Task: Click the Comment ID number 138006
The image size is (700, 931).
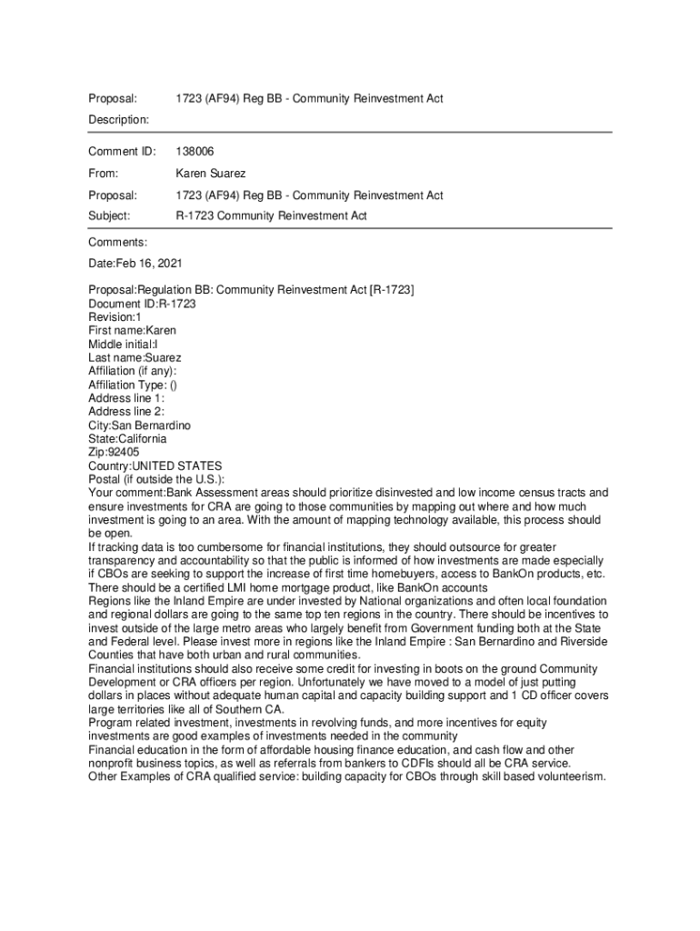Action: pyautogui.click(x=195, y=151)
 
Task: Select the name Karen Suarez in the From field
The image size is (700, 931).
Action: pyautogui.click(x=210, y=173)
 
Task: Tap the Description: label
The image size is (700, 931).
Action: pyautogui.click(x=118, y=119)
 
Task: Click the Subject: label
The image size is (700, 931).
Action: pyautogui.click(x=109, y=215)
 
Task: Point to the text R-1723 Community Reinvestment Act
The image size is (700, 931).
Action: pyautogui.click(x=270, y=215)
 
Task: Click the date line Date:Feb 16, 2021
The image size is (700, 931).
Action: pyautogui.click(x=135, y=264)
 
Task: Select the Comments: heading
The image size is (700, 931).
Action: pyautogui.click(x=117, y=242)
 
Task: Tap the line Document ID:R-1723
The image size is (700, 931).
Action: pyautogui.click(x=142, y=304)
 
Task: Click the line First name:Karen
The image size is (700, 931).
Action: pyautogui.click(x=132, y=330)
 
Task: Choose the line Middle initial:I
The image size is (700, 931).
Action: pyautogui.click(x=123, y=344)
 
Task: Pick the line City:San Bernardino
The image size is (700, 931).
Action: pyautogui.click(x=139, y=425)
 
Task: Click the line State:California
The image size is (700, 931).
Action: pyautogui.click(x=127, y=438)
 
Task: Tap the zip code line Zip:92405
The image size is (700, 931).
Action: pyautogui.click(x=114, y=452)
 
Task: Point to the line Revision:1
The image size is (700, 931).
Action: pyautogui.click(x=115, y=317)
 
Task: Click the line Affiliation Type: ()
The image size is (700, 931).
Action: pyautogui.click(x=133, y=385)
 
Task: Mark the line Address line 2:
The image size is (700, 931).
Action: pyautogui.click(x=126, y=412)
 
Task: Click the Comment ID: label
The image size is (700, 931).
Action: pyautogui.click(x=122, y=151)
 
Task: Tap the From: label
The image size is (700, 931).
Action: pyautogui.click(x=104, y=173)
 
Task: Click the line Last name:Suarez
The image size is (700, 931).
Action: pyautogui.click(x=135, y=357)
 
